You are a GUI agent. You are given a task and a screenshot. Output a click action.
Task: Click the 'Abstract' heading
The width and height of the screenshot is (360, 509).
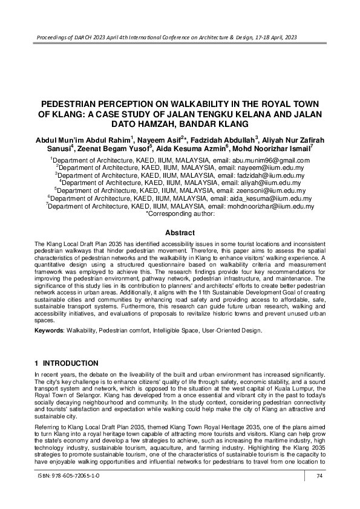180,233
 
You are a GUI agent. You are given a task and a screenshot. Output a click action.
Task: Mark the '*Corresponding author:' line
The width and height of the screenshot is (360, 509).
180,213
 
